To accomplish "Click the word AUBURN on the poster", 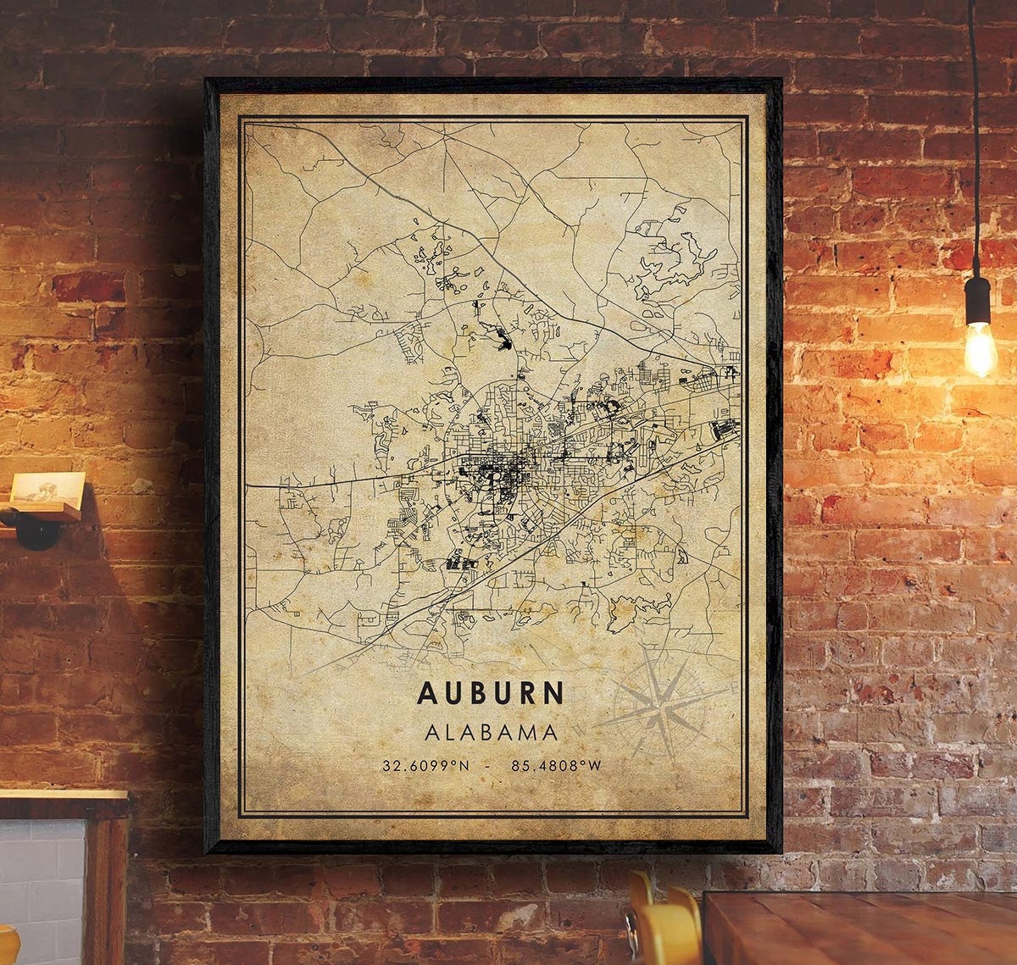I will click(490, 692).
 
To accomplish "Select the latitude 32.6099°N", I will click(425, 766).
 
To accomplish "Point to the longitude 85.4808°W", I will click(556, 766).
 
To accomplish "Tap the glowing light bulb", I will click(980, 348).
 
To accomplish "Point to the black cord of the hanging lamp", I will click(974, 127).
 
